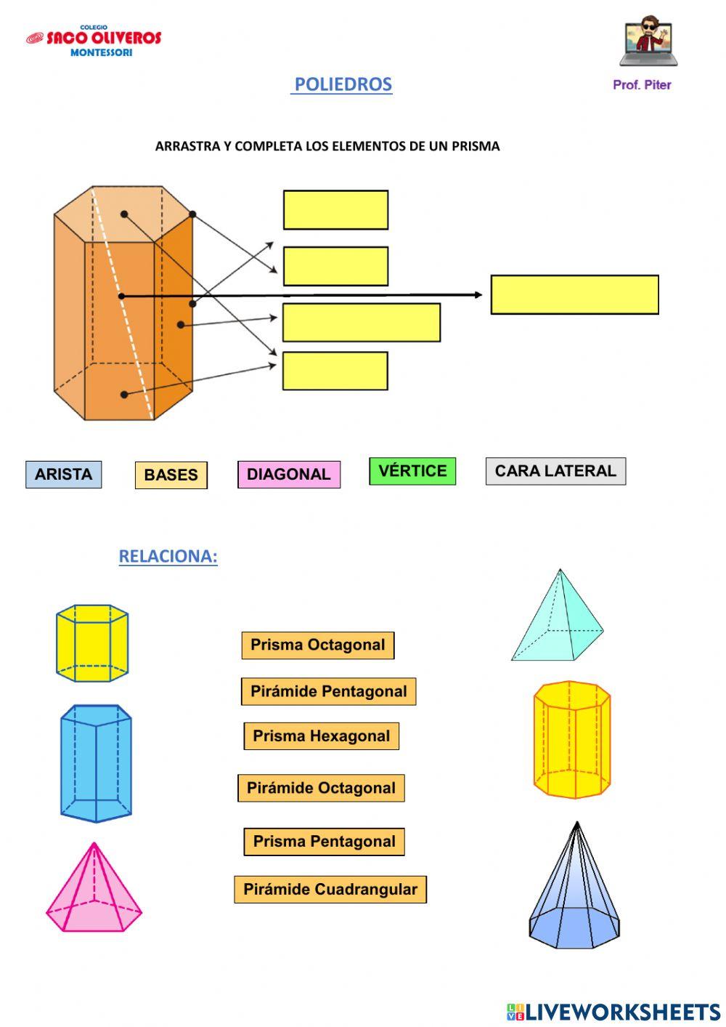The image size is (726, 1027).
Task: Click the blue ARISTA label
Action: [x=64, y=475]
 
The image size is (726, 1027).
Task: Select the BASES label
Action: [x=171, y=475]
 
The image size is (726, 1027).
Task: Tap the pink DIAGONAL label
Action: [x=289, y=475]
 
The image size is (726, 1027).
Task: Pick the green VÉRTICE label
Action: [x=412, y=471]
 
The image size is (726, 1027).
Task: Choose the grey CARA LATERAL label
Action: [x=555, y=471]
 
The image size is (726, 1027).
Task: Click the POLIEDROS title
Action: [x=343, y=84]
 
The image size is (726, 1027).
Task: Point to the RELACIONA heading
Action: [x=168, y=557]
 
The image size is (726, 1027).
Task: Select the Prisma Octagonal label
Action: [x=318, y=645]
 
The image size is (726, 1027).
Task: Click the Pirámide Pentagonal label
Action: [x=329, y=692]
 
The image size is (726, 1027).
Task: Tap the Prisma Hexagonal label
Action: [x=322, y=736]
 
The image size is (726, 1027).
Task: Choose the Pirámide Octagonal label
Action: [x=321, y=789]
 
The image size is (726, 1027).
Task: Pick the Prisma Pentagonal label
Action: [x=325, y=842]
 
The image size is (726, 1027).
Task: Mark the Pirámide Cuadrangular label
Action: [x=330, y=890]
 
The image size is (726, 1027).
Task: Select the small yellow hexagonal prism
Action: [x=92, y=643]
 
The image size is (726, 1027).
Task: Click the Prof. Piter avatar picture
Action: [x=648, y=42]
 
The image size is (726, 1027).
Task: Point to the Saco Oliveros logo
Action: [x=94, y=41]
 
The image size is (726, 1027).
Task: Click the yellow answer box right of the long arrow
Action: [x=574, y=294]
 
